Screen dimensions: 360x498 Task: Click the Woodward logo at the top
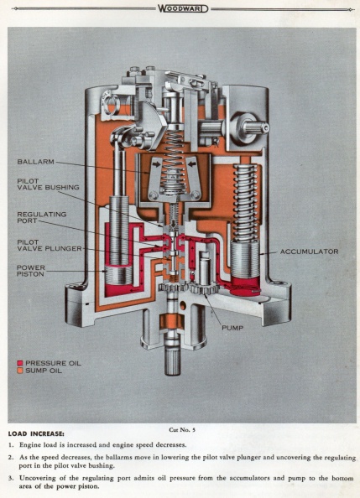coord(183,8)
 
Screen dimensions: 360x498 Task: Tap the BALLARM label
coord(35,162)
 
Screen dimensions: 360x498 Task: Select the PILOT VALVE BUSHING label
coord(48,184)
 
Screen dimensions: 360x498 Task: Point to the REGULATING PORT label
coord(42,217)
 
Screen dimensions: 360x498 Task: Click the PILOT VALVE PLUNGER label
coord(50,245)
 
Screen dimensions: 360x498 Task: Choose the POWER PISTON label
coord(31,271)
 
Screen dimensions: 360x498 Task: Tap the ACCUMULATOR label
coord(309,252)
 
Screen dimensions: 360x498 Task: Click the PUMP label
coord(232,328)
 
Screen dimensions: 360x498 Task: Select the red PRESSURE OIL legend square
coord(20,363)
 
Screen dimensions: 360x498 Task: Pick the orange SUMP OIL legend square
coord(20,371)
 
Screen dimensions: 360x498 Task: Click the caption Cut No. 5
coord(182,430)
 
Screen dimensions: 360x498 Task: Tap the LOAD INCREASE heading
coord(36,433)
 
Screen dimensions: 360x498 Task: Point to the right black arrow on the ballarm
coord(192,163)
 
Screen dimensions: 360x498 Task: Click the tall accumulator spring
coord(245,202)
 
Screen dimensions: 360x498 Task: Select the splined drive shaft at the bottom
coord(173,361)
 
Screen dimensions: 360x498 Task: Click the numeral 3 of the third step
coord(11,478)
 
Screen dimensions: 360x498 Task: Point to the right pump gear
coord(204,288)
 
